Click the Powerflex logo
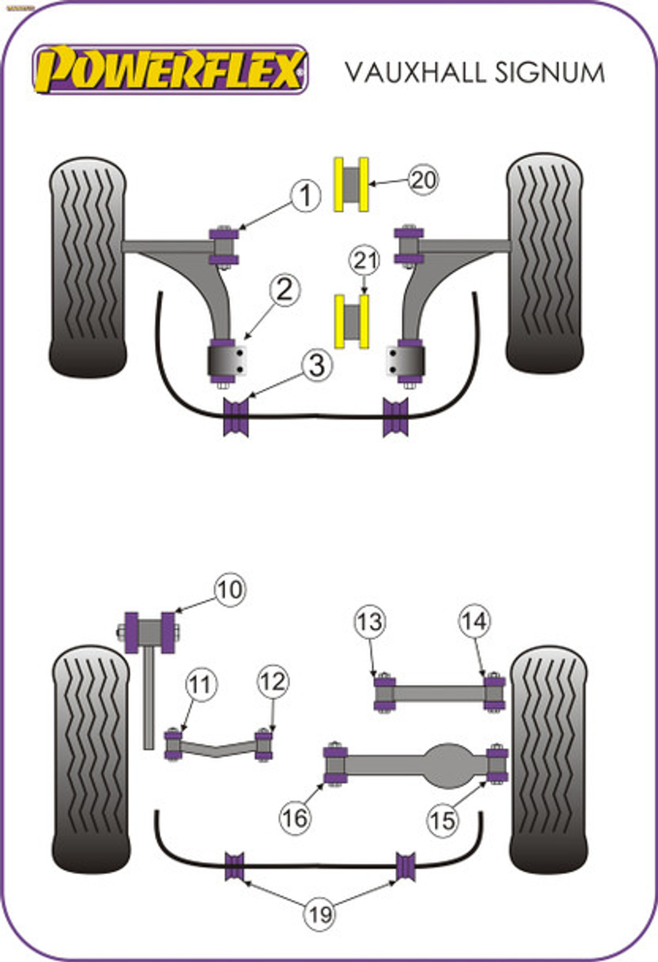[171, 70]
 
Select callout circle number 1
[305, 196]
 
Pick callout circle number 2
[285, 290]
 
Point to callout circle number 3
[316, 365]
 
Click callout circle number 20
[423, 180]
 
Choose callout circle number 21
[365, 261]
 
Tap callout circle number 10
[230, 590]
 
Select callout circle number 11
[201, 684]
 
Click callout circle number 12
[273, 682]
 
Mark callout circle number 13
[370, 621]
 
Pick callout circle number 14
[474, 621]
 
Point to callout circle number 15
[443, 821]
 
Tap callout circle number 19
[320, 914]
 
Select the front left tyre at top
[88, 268]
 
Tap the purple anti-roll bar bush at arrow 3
[236, 417]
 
